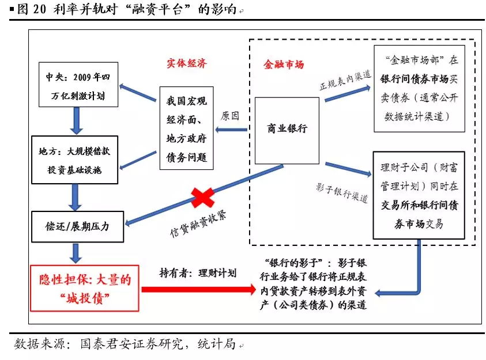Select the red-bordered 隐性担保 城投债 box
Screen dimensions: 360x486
[x=85, y=288]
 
